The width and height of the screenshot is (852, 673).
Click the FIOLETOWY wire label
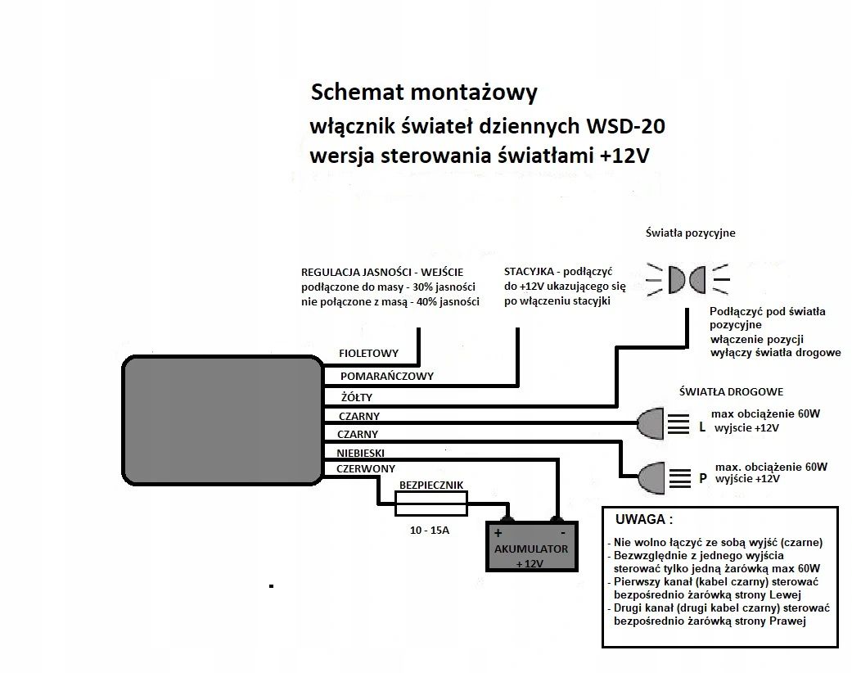(368, 354)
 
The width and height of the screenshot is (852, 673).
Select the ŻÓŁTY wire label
(356, 397)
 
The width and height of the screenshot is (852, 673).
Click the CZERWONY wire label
(366, 469)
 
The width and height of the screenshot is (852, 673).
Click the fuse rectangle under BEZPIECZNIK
(431, 508)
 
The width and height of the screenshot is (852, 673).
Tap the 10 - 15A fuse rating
(430, 531)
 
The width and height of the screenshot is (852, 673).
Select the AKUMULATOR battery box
(530, 547)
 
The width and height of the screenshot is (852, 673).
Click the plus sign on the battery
(498, 532)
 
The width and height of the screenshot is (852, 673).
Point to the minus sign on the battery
(564, 532)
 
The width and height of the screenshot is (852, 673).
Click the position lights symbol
(686, 279)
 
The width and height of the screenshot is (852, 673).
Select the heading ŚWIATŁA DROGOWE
(731, 392)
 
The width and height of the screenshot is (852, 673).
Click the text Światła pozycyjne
(689, 233)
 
